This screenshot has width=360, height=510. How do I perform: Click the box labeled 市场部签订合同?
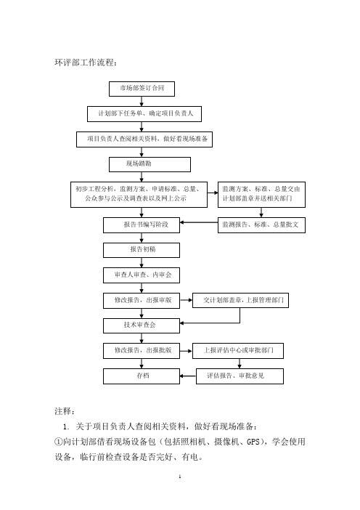pos(142,89)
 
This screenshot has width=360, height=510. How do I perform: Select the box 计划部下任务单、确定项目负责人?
pos(144,114)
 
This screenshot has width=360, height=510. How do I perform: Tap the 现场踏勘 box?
pos(150,164)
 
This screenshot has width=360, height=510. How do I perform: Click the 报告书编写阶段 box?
pos(142,225)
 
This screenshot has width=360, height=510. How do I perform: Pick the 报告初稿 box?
pos(142,250)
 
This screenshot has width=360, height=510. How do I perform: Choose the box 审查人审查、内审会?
pos(142,275)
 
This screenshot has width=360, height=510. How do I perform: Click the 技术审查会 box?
pos(142,325)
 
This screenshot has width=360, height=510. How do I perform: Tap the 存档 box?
pos(142,376)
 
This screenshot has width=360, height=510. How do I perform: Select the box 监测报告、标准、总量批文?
pos(261,225)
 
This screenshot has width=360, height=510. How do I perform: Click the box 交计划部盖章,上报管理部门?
pos(240,300)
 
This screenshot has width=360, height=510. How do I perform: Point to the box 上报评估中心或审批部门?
pos(238,351)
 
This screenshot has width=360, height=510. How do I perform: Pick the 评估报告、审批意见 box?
pos(240,376)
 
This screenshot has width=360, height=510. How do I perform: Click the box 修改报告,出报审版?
pos(142,300)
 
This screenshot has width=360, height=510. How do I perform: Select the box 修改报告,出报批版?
pos(142,351)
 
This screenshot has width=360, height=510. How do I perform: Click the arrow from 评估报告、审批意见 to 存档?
pos(188,376)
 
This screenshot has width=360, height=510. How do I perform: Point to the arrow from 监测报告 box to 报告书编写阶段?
pos(199,222)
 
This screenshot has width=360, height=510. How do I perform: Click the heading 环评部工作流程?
pos(86,62)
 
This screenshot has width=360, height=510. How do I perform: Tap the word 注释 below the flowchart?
pos(65,411)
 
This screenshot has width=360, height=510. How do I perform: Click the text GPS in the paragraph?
pos(253,442)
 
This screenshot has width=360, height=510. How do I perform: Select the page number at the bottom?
pos(180,477)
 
